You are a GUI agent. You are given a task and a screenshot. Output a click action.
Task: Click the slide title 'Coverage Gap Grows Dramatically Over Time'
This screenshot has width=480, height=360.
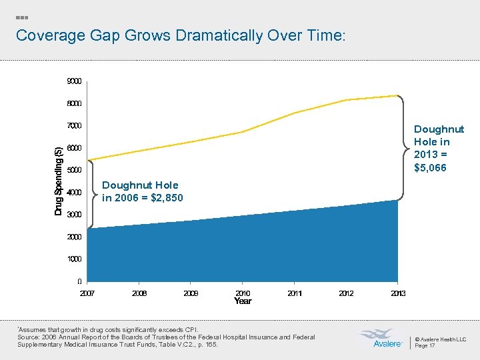click(181, 35)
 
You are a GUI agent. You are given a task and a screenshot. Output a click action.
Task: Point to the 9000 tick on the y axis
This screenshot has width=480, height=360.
click(75, 81)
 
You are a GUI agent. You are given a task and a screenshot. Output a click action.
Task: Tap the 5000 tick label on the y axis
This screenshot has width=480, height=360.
click(75, 170)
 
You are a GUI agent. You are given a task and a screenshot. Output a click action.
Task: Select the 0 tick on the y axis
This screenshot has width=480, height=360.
click(79, 281)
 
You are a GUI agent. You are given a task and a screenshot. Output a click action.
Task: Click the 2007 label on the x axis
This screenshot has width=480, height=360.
click(88, 293)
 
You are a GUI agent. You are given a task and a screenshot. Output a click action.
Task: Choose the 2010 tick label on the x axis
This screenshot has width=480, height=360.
click(243, 293)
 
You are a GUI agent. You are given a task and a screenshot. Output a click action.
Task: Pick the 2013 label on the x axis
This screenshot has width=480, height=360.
click(398, 293)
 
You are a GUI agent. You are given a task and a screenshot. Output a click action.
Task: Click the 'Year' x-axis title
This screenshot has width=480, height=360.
click(243, 301)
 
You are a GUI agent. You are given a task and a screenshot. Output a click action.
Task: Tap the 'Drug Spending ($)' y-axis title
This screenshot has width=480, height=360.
click(59, 181)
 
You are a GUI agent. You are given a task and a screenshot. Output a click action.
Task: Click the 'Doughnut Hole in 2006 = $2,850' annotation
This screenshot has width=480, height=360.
click(142, 191)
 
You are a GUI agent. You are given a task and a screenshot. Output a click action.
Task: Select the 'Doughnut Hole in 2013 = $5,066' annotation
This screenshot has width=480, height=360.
click(439, 148)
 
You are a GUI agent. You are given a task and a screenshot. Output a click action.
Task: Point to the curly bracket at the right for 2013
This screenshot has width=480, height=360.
click(403, 147)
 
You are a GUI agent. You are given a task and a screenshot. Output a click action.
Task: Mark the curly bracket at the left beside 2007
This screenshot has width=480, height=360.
click(93, 193)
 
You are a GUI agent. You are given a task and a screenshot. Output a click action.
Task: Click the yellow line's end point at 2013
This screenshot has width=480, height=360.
click(397, 95)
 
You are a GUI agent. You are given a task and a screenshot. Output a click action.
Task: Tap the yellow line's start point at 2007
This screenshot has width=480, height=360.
click(89, 160)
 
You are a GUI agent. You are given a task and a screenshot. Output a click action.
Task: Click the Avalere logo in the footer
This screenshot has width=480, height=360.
click(380, 338)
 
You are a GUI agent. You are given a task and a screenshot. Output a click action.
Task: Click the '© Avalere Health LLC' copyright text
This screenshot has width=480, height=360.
click(440, 339)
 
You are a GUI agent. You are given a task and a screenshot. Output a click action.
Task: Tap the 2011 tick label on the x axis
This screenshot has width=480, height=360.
click(295, 293)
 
